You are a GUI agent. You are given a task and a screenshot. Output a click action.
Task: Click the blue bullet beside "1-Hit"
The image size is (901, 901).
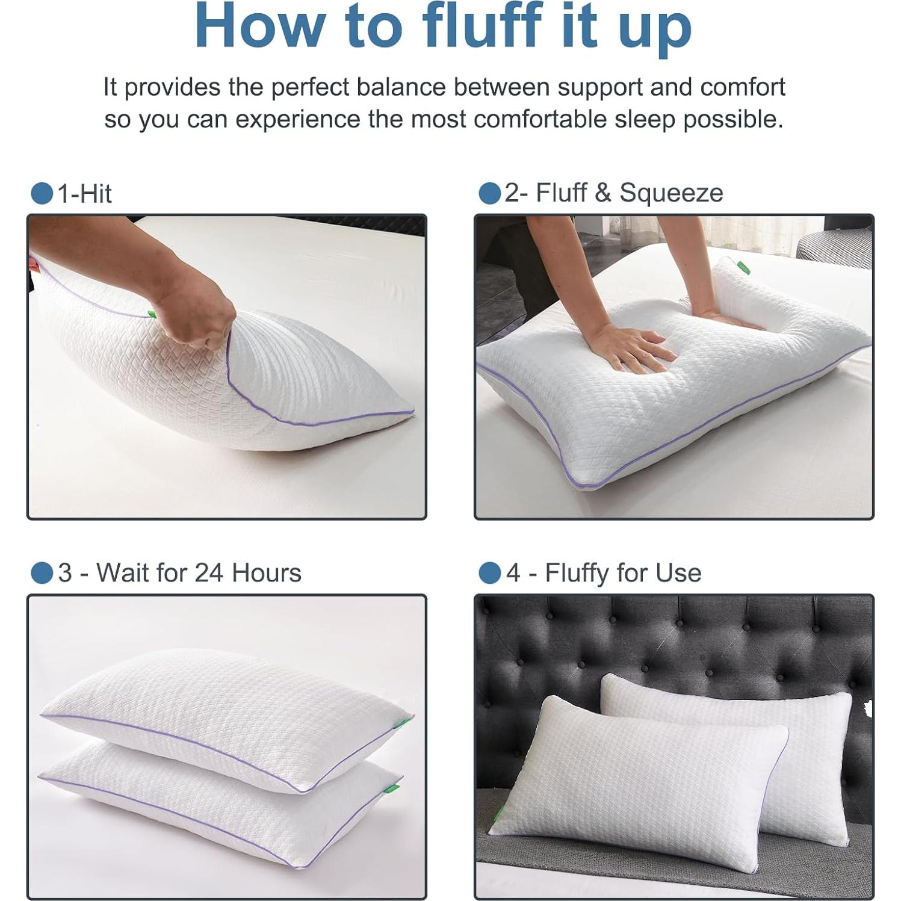pyautogui.click(x=42, y=194)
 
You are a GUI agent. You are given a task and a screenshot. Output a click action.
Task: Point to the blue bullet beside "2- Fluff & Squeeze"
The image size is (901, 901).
pyautogui.click(x=489, y=193)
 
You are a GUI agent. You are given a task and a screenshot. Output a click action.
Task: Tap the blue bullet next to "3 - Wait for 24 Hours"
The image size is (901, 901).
pyautogui.click(x=42, y=573)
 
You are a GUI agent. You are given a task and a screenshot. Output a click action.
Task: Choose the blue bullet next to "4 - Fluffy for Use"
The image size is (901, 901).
pyautogui.click(x=489, y=573)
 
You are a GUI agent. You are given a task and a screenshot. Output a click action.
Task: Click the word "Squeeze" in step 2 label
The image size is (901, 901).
pyautogui.click(x=671, y=193)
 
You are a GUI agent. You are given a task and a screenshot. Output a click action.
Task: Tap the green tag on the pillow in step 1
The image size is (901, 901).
pyautogui.click(x=151, y=313)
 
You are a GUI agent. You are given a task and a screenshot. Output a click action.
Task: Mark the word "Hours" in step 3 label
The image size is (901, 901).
pyautogui.click(x=267, y=573)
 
